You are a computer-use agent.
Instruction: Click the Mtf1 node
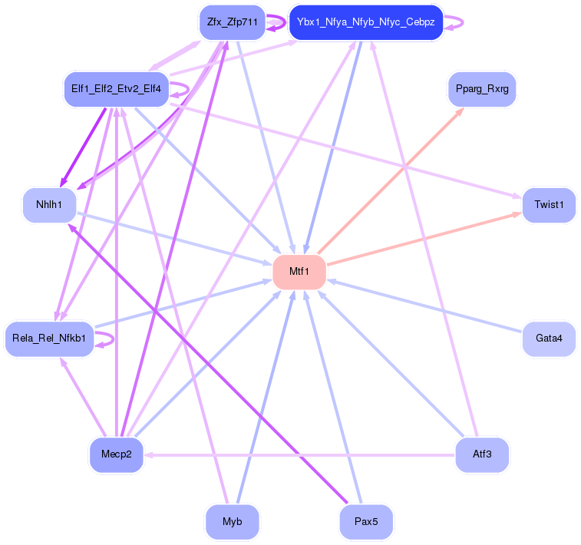pyautogui.click(x=299, y=272)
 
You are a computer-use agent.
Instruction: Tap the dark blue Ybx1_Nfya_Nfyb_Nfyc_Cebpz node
pyautogui.click(x=365, y=22)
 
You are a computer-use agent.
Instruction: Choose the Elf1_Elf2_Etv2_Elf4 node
pyautogui.click(x=116, y=88)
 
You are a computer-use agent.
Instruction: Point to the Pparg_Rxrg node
pyautogui.click(x=481, y=90)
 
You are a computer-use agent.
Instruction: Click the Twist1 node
pyautogui.click(x=549, y=205)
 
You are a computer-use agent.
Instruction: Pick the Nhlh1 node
pyautogui.click(x=49, y=205)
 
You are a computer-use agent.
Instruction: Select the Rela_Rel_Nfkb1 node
pyautogui.click(x=49, y=339)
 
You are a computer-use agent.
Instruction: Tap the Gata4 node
pyautogui.click(x=549, y=339)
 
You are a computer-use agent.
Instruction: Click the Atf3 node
pyautogui.click(x=481, y=454)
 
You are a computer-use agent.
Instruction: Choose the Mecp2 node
pyautogui.click(x=116, y=454)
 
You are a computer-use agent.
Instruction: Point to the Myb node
pyautogui.click(x=232, y=522)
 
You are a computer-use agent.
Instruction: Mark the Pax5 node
pyautogui.click(x=365, y=522)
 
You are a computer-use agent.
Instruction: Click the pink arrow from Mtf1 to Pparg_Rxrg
pyautogui.click(x=391, y=180)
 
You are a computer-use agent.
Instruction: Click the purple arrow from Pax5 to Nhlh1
pyautogui.click(x=207, y=365)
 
